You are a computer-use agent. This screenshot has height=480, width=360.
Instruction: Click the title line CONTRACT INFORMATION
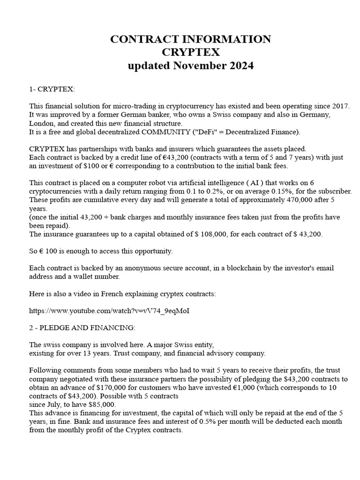coord(190,39)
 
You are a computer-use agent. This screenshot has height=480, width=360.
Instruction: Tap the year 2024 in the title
coord(241,66)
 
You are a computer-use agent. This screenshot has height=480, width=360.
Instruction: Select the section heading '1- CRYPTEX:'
coord(52,89)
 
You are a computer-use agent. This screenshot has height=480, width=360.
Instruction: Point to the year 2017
coord(340,106)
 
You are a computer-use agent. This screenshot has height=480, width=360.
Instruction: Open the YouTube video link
coord(109,311)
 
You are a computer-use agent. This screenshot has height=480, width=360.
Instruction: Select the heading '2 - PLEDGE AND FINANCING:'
coord(82,327)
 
